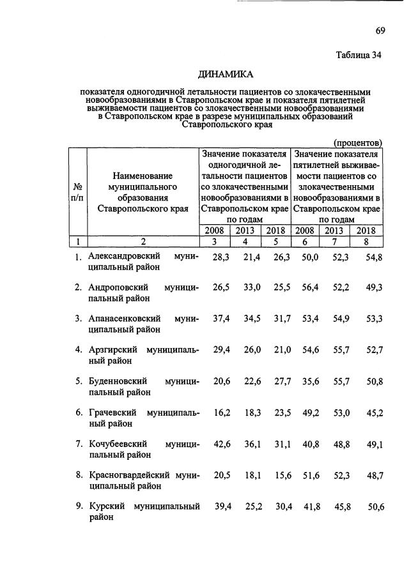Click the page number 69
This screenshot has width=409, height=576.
click(379, 31)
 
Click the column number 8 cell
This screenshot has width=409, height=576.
click(366, 241)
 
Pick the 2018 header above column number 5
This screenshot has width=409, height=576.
click(275, 231)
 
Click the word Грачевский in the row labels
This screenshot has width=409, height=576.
click(112, 413)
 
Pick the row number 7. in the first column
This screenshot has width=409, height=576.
click(79, 444)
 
